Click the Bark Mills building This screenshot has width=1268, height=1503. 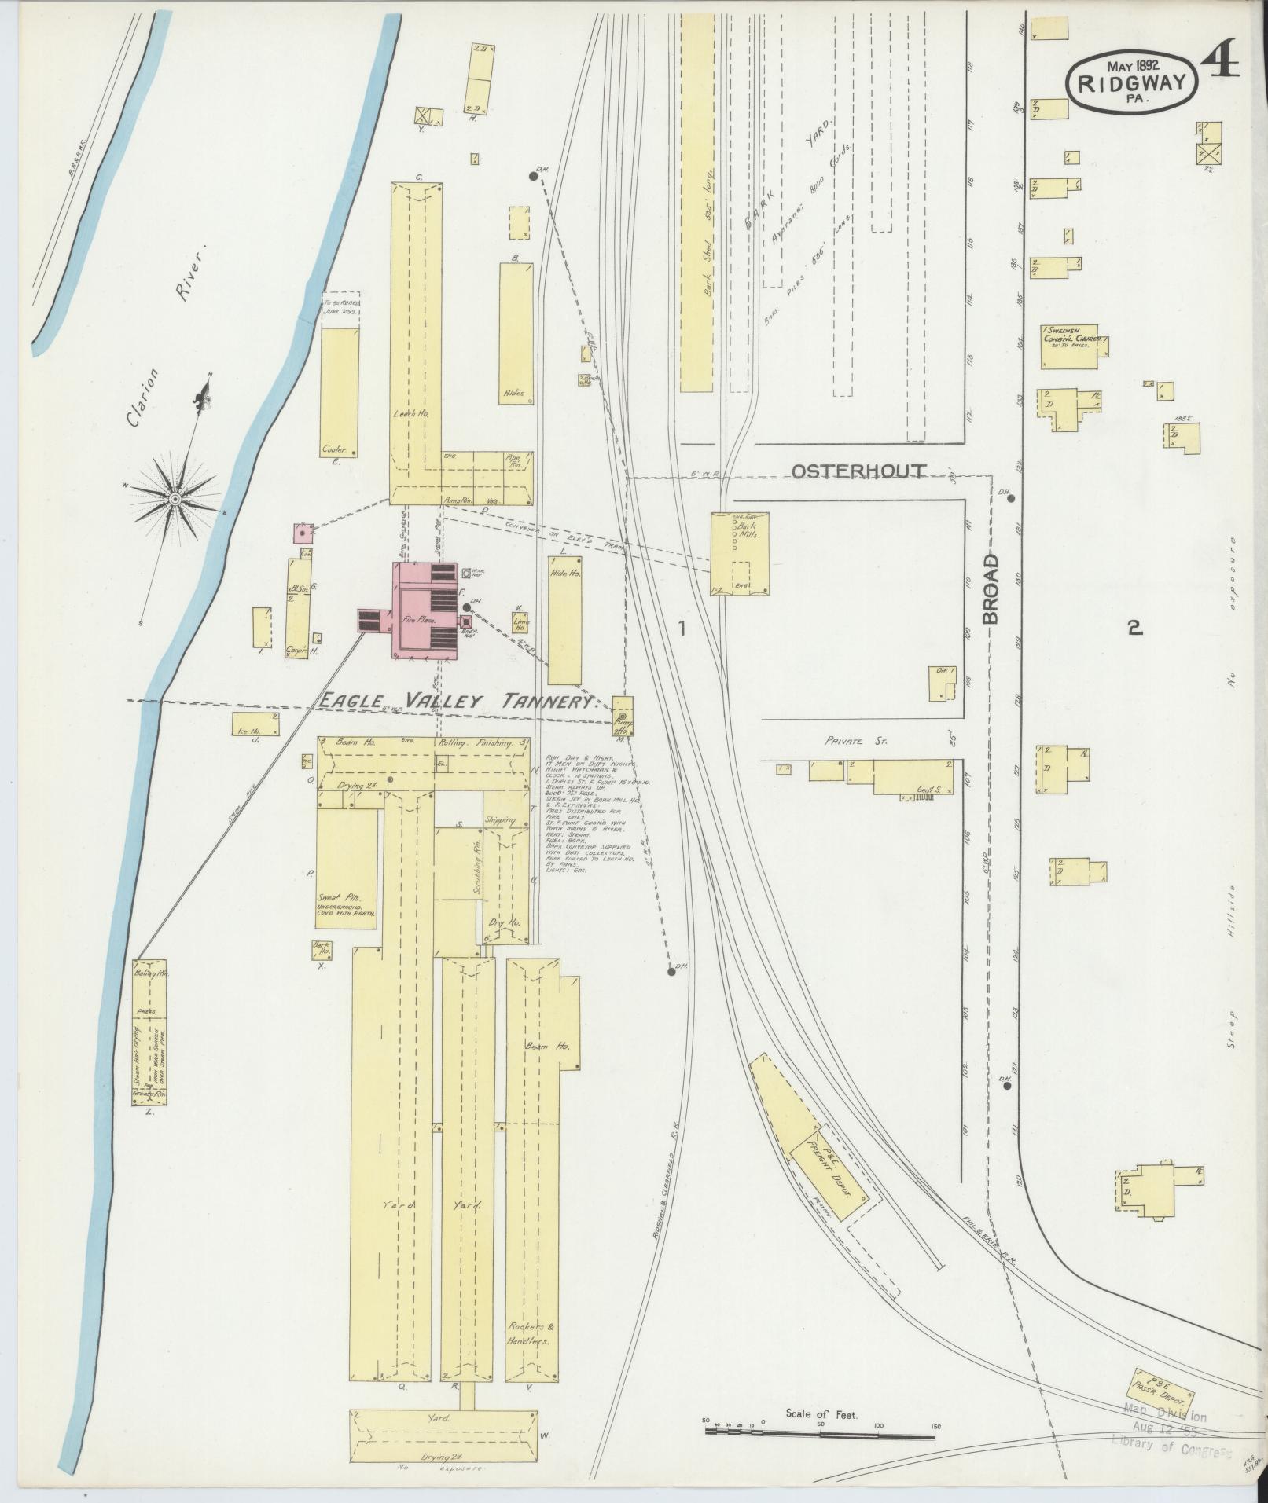click(740, 553)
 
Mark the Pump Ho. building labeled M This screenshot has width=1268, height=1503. click(623, 716)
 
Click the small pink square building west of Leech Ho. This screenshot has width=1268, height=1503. click(303, 533)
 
